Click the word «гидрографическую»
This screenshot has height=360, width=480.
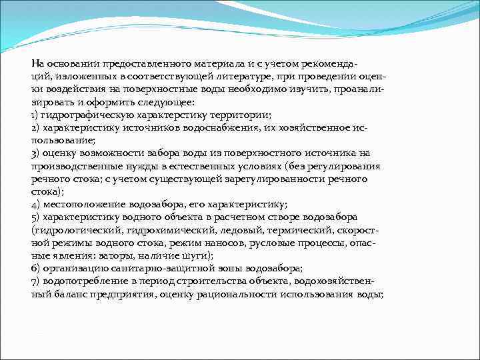click(x=83, y=115)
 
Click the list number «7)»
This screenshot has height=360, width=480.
click(x=36, y=281)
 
